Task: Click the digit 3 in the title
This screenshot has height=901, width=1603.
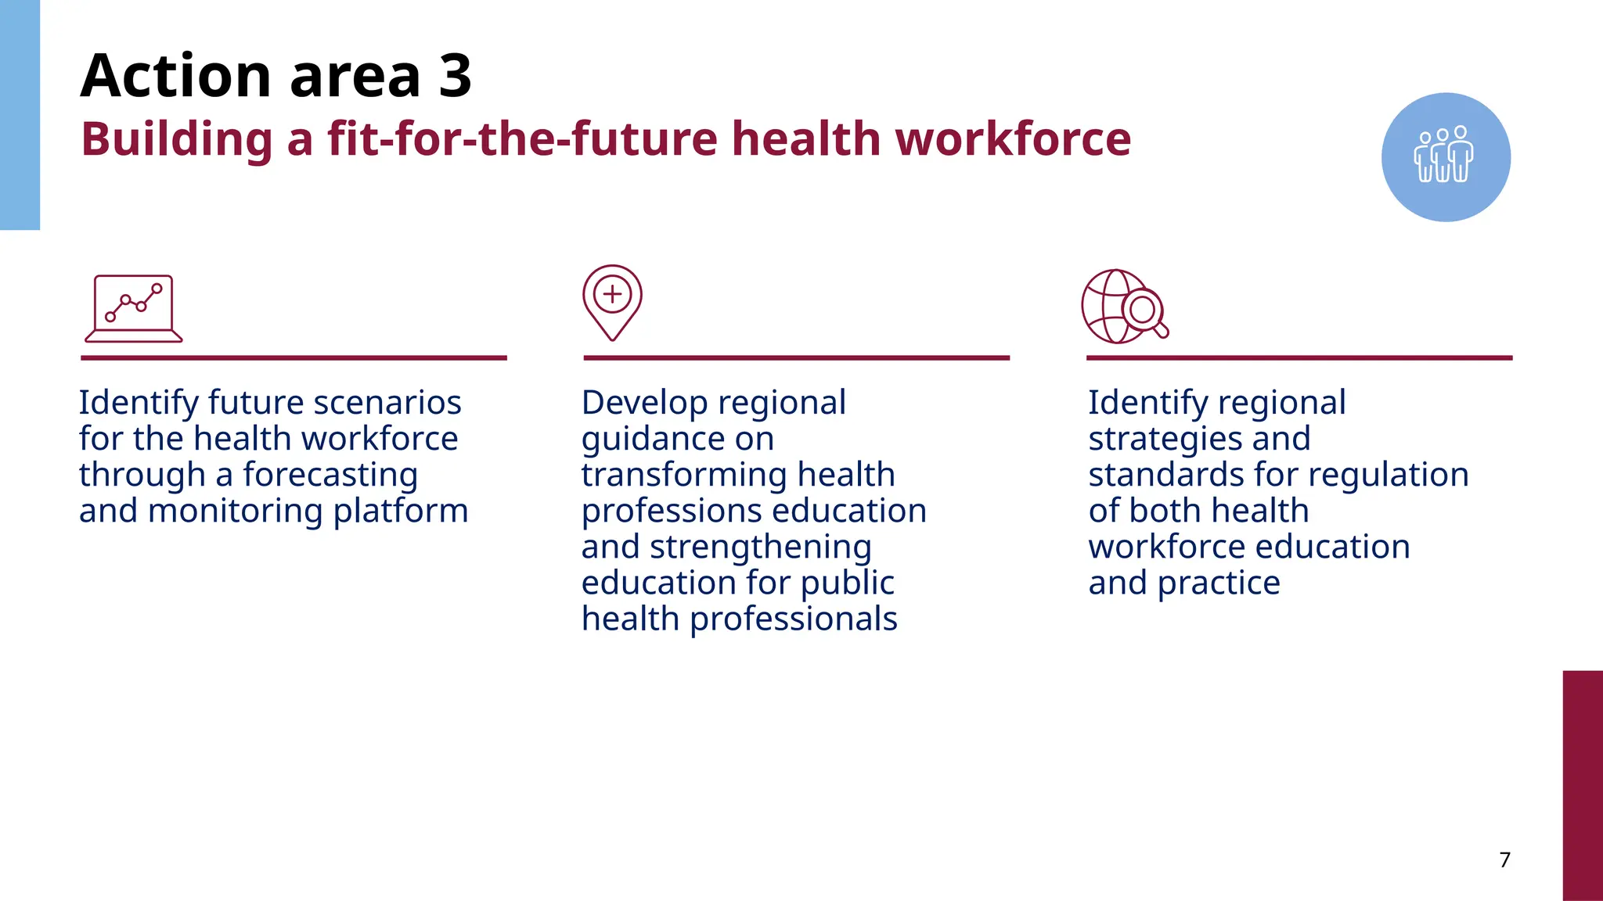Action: click(x=455, y=76)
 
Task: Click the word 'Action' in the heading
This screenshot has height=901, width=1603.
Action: click(x=175, y=76)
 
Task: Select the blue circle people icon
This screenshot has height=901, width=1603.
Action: click(x=1445, y=157)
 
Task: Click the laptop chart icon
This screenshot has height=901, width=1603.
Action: click(x=133, y=308)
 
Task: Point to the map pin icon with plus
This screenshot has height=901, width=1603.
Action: click(x=612, y=301)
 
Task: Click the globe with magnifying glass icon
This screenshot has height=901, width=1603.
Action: click(x=1124, y=307)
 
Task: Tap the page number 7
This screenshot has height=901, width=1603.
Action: click(x=1504, y=860)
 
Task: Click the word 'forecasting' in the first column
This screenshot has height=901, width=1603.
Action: click(x=330, y=475)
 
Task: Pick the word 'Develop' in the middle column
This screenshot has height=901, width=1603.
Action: click(x=644, y=403)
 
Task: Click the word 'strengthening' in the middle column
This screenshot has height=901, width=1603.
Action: click(x=760, y=547)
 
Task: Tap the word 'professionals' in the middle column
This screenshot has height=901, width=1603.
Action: click(x=793, y=619)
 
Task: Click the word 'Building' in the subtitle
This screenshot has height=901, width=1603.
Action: click(x=177, y=138)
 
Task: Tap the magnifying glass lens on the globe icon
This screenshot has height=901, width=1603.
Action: click(x=1143, y=310)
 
